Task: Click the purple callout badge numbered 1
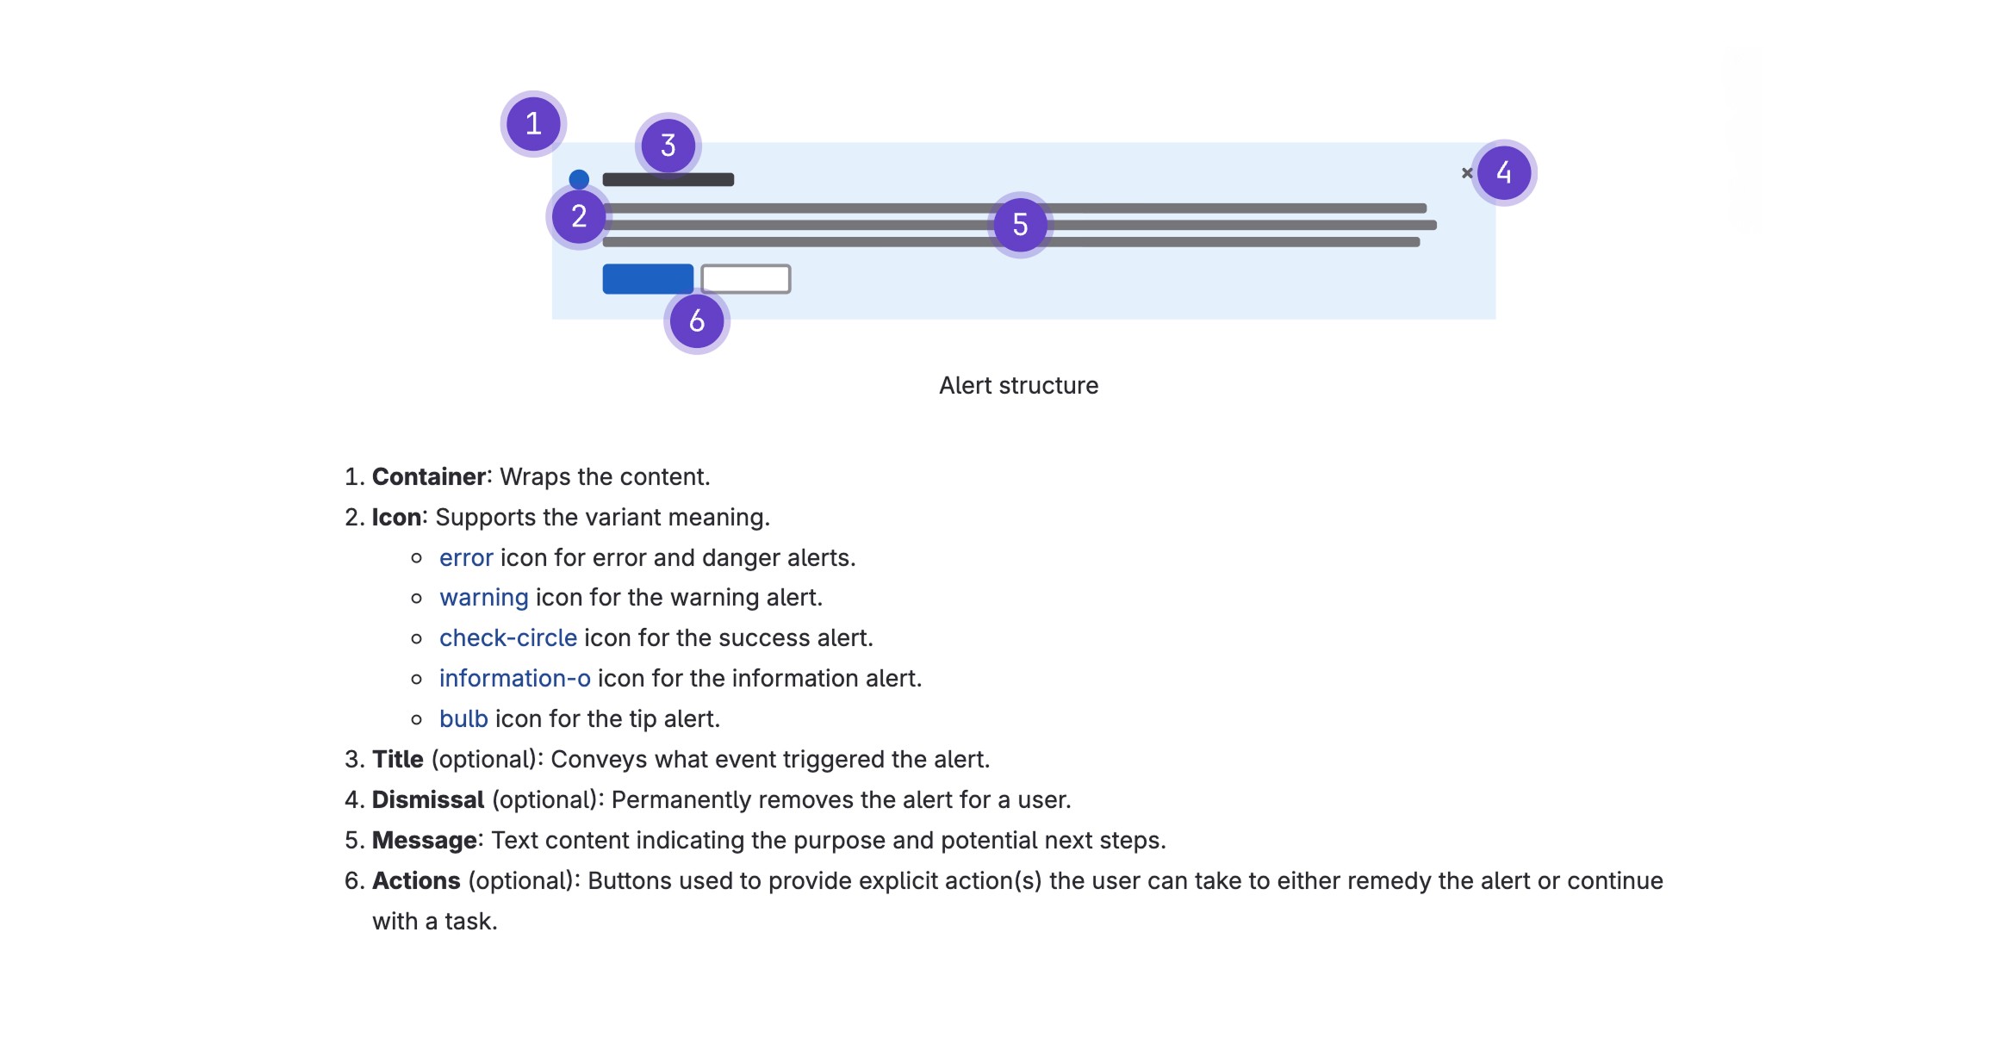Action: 533,124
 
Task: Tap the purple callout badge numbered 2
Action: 579,216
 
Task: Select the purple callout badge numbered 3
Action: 668,146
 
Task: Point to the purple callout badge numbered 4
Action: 1503,172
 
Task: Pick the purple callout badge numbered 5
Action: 1020,225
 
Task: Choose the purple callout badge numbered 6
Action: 697,320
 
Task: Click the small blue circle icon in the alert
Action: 579,179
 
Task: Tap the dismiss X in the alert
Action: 1467,173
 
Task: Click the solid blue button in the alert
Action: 648,279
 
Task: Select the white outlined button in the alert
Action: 746,279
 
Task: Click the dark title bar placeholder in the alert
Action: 668,179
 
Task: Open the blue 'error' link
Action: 466,558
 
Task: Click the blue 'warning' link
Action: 483,598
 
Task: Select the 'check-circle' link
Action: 508,638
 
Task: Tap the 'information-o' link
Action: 515,679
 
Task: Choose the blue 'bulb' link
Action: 463,719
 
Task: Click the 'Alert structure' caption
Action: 1018,386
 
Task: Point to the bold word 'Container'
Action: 429,477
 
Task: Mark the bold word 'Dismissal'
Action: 428,800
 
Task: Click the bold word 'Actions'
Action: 416,881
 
